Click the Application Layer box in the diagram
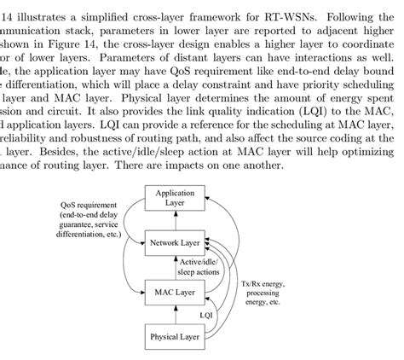pos(175,199)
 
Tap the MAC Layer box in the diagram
pos(175,293)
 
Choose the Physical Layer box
pos(175,337)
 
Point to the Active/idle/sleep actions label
pos(199,266)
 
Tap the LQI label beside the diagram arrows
pos(206,315)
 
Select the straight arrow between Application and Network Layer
pos(175,221)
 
